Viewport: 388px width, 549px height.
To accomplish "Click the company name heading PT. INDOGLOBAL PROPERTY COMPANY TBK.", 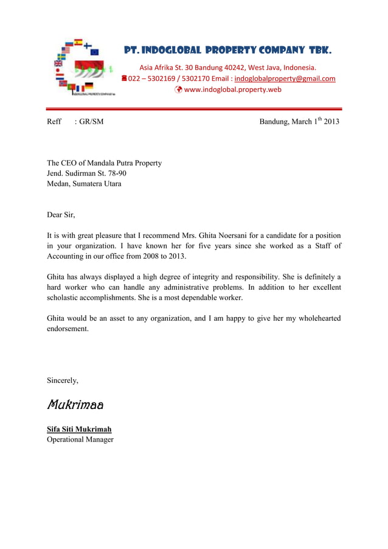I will (228, 50).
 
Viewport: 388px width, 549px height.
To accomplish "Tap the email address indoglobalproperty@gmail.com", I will (285, 79).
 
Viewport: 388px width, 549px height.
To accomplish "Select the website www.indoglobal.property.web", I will (232, 89).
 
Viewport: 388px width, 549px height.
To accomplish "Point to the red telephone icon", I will (123, 79).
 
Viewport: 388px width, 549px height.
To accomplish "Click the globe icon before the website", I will (178, 89).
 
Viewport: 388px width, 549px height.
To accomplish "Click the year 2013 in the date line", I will (331, 122).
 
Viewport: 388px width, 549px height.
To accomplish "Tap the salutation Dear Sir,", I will (61, 214).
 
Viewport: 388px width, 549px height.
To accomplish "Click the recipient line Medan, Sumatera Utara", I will (84, 184).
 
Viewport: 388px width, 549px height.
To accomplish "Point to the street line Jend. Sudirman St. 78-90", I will (87, 173).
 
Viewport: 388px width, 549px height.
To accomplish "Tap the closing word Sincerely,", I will (63, 380).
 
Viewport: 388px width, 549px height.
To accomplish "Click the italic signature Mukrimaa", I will (75, 404).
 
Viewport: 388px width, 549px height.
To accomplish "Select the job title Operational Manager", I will (80, 439).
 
